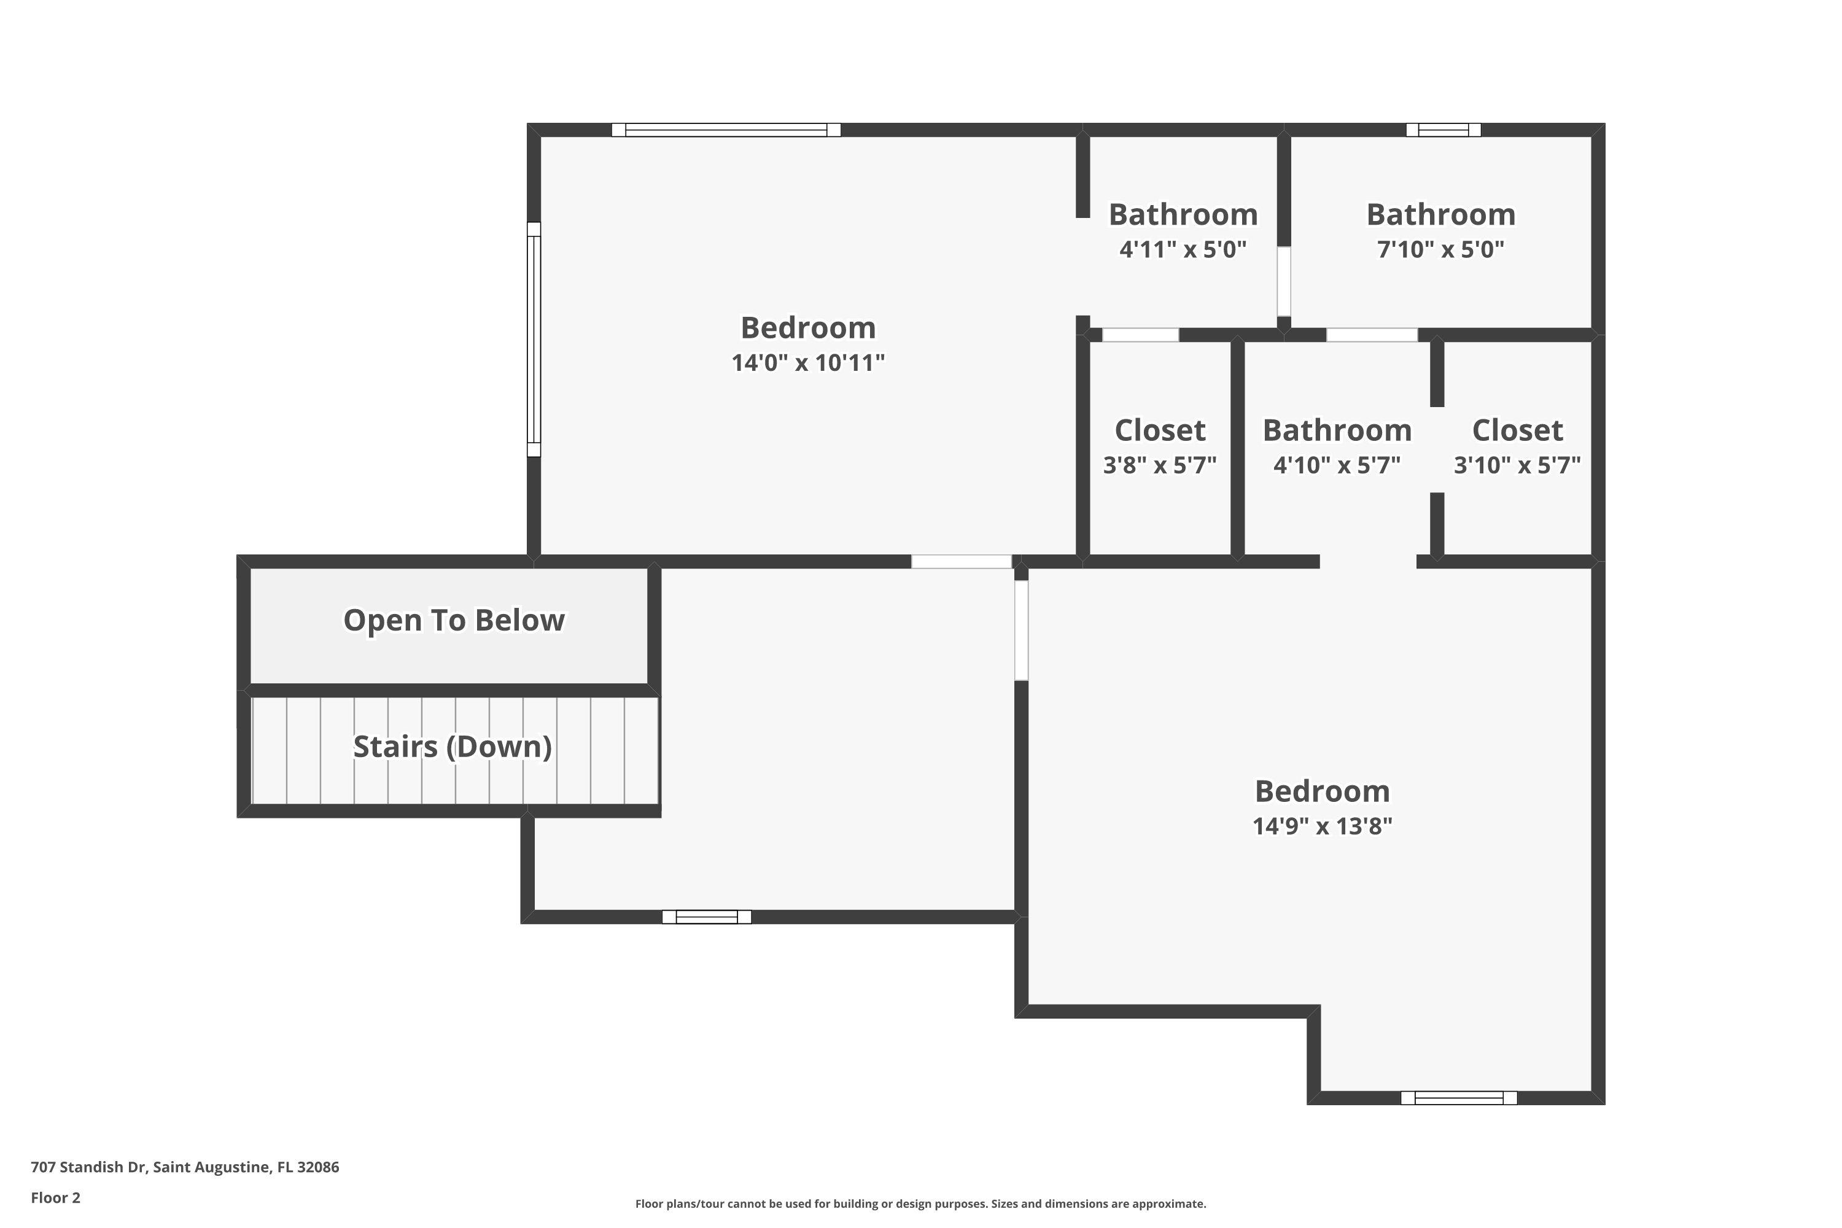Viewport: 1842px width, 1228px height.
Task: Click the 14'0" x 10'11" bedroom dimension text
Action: [807, 363]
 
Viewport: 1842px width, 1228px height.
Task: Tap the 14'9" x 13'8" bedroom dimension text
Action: [1322, 826]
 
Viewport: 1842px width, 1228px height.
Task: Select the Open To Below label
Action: [454, 620]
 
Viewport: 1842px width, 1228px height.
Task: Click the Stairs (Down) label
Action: [453, 747]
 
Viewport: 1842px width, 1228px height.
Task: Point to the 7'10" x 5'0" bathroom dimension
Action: [1440, 249]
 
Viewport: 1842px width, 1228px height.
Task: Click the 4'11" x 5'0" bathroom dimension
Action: [1183, 249]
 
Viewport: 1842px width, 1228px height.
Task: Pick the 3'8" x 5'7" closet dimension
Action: [1159, 465]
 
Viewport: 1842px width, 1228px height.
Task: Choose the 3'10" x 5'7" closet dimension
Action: [1517, 465]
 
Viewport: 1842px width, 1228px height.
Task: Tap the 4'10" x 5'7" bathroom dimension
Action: [1336, 465]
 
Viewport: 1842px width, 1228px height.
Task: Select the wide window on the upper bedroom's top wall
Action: [726, 130]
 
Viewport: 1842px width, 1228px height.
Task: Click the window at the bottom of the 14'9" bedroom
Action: [1458, 1098]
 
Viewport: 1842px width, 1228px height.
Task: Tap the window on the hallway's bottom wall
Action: [707, 917]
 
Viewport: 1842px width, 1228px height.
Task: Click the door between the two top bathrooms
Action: [1284, 281]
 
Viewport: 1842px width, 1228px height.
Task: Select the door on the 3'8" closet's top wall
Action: [1140, 335]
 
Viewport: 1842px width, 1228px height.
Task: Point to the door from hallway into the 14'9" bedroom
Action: [1021, 630]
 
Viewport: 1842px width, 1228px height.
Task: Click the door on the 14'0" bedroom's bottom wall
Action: [961, 562]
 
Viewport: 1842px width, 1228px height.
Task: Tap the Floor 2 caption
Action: [56, 1197]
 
